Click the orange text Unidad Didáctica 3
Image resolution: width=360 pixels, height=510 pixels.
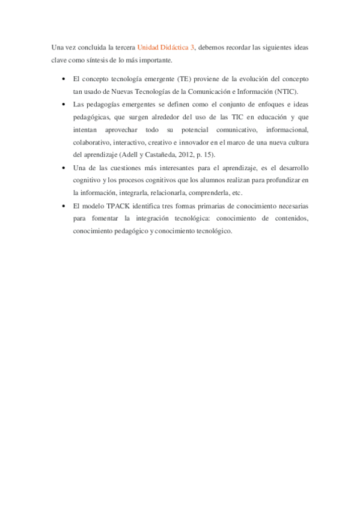(165, 47)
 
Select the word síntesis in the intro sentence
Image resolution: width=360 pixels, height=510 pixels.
(106, 60)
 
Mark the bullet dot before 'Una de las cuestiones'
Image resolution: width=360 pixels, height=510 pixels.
(64, 168)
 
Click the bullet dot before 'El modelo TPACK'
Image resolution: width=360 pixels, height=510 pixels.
(64, 206)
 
